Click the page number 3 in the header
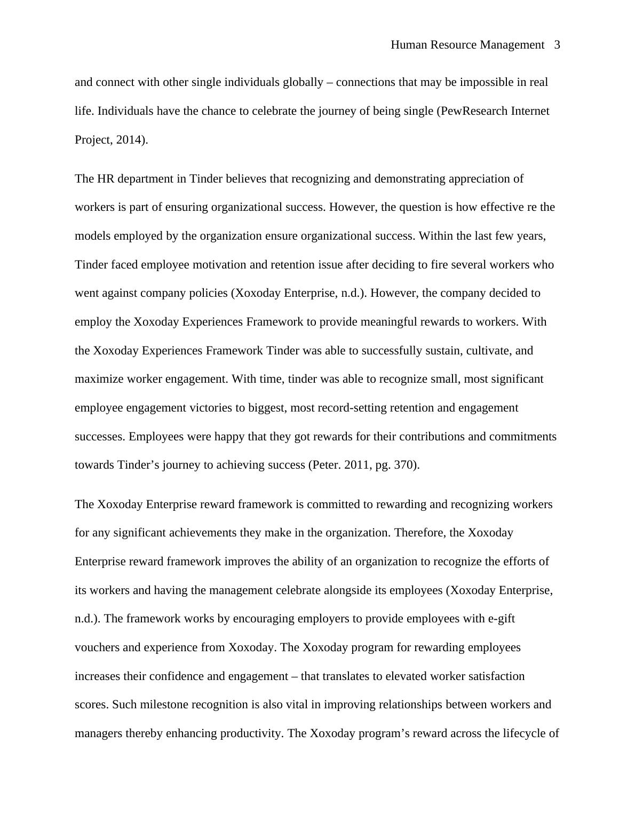[x=557, y=45]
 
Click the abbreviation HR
[x=106, y=179]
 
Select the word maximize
[x=99, y=379]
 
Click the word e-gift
[x=502, y=619]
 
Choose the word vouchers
[x=97, y=647]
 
